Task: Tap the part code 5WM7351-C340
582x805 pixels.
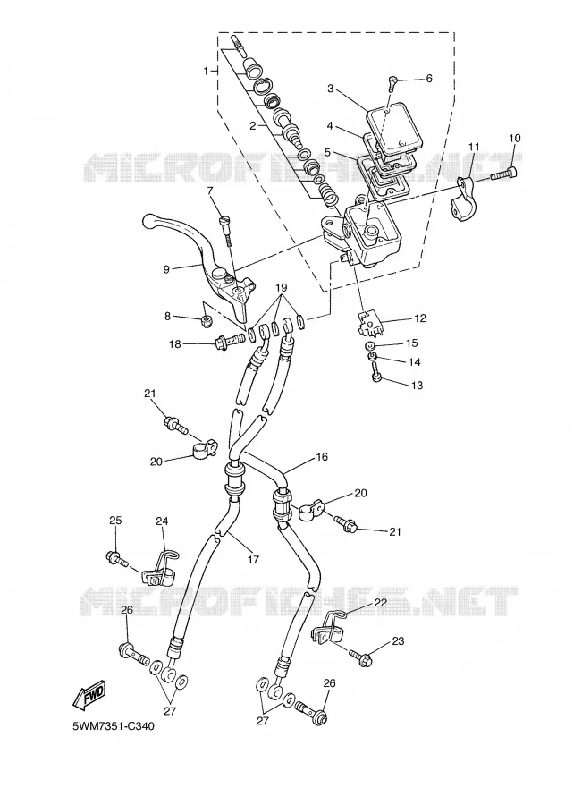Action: tap(114, 726)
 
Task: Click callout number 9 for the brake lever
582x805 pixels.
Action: tap(166, 269)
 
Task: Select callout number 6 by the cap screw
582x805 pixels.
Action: tap(429, 78)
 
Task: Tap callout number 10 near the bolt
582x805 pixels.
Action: tap(514, 138)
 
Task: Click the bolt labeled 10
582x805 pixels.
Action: tap(504, 174)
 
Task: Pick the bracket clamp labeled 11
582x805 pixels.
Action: tap(465, 198)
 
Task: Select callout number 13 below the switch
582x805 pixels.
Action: tap(418, 385)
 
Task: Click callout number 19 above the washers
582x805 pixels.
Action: tap(281, 287)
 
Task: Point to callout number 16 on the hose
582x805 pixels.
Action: tap(322, 457)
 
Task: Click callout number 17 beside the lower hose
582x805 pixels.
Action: tap(253, 559)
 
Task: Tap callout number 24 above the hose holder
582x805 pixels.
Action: tap(162, 521)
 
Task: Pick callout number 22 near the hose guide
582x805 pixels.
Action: tap(380, 603)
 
